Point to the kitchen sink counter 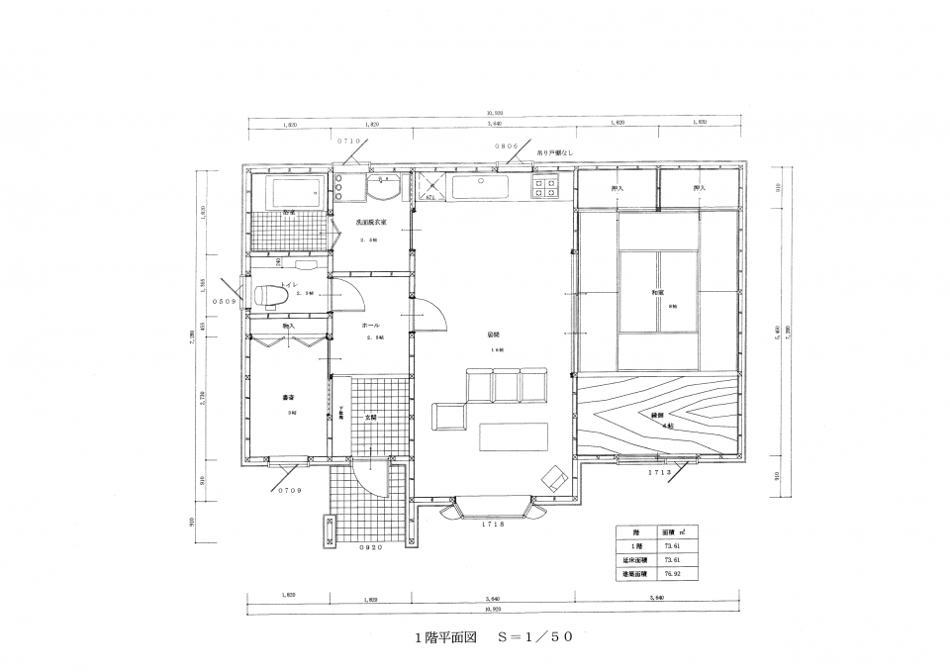point(481,185)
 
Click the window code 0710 point(351,142)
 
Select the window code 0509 point(224,301)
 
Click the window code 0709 point(289,490)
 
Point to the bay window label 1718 point(494,524)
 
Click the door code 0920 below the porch point(370,547)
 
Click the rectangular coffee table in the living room point(513,436)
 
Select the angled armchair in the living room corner point(553,479)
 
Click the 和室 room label point(657,293)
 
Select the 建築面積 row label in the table point(634,573)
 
